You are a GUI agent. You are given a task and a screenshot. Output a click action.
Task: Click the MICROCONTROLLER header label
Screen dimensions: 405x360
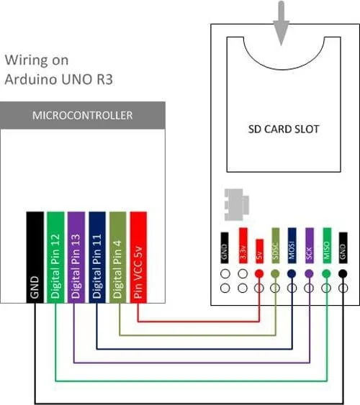82,115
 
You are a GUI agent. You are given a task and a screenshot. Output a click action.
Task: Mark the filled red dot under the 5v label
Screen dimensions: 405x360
258,274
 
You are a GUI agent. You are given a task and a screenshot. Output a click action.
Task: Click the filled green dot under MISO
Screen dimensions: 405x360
326,274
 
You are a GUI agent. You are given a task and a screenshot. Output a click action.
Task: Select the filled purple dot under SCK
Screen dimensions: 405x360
310,274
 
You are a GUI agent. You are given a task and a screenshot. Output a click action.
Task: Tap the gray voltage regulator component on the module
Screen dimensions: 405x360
235,205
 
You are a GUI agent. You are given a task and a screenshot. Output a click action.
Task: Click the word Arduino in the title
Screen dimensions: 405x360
30,78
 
